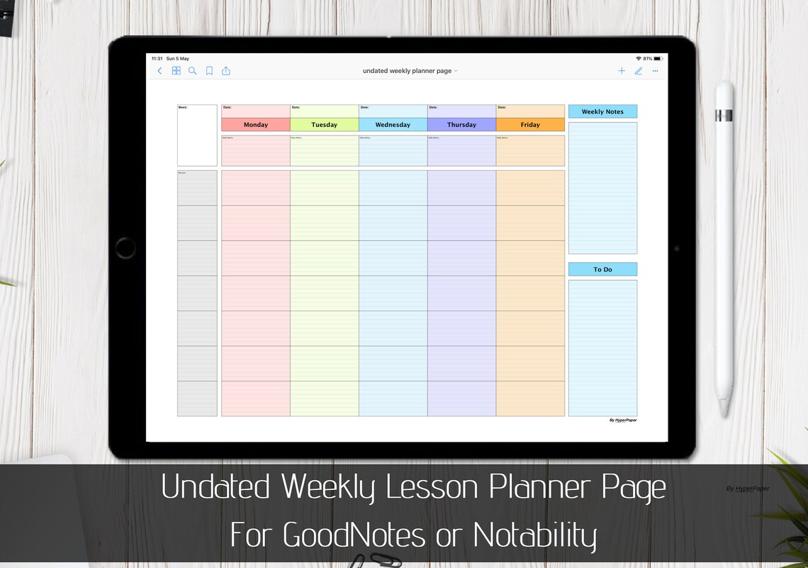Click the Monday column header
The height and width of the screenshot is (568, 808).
(x=255, y=125)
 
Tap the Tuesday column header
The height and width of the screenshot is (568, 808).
(x=324, y=125)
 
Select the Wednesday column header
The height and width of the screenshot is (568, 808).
(x=393, y=125)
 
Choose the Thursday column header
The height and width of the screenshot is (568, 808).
(x=461, y=125)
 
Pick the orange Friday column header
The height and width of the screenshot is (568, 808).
(x=530, y=125)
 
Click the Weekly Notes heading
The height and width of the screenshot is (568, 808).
(x=602, y=111)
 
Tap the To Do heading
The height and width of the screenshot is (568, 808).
(x=602, y=269)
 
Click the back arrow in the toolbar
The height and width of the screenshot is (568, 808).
(x=159, y=71)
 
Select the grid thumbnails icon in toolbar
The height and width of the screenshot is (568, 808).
(x=176, y=71)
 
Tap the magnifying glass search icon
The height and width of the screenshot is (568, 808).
(x=192, y=71)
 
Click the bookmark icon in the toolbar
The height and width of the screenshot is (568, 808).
(x=209, y=71)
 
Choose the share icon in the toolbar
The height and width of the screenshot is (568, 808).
(x=226, y=71)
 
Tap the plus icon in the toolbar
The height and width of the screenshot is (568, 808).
(x=622, y=71)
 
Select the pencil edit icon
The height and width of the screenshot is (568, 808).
(x=639, y=71)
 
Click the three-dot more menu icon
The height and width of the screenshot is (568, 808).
(x=655, y=71)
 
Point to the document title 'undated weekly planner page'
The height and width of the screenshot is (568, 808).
(x=408, y=71)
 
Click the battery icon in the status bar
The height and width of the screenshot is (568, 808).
(x=658, y=59)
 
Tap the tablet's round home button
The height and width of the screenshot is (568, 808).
(x=125, y=248)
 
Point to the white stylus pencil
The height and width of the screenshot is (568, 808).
(x=724, y=248)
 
